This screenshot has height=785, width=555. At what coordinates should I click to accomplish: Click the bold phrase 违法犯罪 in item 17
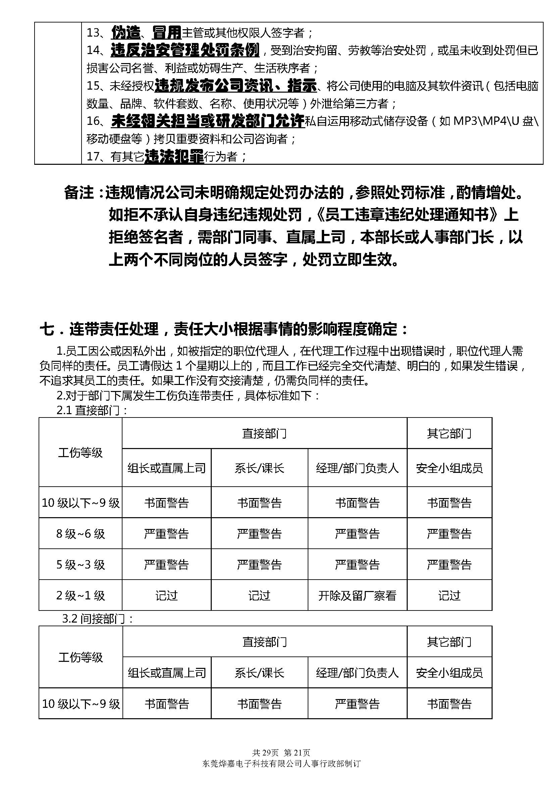point(174,157)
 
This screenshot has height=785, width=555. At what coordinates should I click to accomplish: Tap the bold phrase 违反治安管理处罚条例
point(185,50)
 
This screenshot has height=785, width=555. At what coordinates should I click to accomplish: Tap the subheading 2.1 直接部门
point(92,410)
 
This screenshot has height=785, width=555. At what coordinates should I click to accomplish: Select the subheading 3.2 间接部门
point(97,619)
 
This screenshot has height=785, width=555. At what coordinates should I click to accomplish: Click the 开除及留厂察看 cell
point(357,596)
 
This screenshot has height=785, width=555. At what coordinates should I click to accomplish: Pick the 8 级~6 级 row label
point(81,534)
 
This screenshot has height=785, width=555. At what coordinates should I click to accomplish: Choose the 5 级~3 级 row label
point(81,565)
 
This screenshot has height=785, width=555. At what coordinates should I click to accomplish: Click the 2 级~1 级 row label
point(81,596)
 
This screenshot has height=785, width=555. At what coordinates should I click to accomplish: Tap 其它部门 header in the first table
point(449,434)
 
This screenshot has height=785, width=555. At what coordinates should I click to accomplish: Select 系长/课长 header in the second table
point(259,673)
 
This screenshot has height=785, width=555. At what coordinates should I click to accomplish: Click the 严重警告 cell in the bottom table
point(357,704)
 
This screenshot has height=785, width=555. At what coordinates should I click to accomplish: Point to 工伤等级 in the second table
point(81,657)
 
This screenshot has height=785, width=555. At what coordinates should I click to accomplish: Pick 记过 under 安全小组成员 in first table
point(449,596)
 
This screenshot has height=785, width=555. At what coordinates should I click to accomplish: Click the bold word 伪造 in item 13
point(126,33)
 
